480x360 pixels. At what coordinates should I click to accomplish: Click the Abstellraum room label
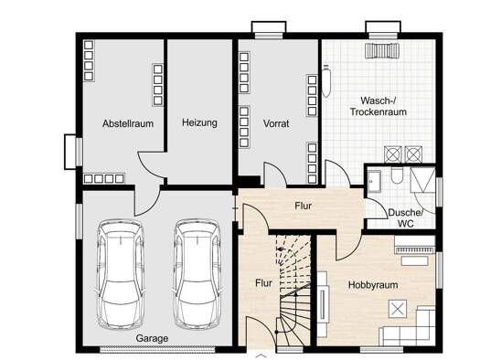coord(128,123)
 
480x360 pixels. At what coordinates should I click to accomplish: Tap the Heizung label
coord(199,122)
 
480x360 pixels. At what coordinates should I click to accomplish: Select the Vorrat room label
coord(276,123)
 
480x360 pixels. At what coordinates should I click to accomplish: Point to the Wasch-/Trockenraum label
coord(379,106)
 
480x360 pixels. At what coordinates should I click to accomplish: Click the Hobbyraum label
coord(373,285)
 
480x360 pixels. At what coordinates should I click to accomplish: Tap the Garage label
coord(152,338)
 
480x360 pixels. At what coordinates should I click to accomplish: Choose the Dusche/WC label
coord(406,217)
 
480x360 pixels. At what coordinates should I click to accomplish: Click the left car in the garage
coord(121,274)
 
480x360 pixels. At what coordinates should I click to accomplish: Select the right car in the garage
coord(197,274)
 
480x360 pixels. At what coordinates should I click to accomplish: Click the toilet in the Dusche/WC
coord(397,175)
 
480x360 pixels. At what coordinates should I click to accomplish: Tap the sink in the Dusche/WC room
coord(374,182)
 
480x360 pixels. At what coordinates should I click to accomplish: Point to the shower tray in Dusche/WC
coord(422,180)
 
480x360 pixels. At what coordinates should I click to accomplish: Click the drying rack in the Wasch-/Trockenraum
coord(383,50)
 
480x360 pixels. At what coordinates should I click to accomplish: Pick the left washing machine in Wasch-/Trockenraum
coord(393,154)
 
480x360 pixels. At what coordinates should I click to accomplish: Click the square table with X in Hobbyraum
coord(398,309)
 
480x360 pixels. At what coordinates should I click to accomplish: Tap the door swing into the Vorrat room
coord(275,174)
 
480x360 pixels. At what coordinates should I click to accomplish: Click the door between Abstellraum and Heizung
coord(152,165)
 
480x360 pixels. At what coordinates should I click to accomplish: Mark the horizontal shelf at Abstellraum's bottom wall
coord(104,178)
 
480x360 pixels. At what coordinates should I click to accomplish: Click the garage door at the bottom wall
coord(157,350)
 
